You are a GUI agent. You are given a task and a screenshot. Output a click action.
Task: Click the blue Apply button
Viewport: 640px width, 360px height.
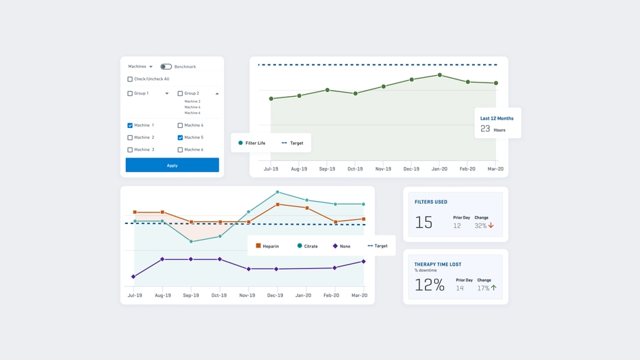pos(172,165)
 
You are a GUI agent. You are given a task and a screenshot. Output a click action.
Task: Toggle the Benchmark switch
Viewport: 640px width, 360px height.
pos(166,67)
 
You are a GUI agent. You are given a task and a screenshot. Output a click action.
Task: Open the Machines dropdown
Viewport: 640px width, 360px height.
pos(140,67)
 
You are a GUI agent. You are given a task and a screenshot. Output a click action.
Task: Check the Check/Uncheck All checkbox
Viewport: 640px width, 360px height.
pos(130,79)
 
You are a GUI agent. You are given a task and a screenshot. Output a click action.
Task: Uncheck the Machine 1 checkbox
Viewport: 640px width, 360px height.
pos(130,125)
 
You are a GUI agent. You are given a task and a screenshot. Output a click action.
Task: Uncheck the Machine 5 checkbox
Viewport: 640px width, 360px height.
pos(180,137)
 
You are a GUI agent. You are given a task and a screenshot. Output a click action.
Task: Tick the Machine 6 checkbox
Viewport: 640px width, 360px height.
pos(180,150)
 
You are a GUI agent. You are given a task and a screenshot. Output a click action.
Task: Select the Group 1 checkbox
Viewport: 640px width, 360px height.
pos(130,93)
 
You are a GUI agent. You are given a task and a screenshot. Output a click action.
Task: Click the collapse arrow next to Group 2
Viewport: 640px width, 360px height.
pos(217,93)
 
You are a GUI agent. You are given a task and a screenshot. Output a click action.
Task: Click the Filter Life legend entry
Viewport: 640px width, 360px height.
pos(252,143)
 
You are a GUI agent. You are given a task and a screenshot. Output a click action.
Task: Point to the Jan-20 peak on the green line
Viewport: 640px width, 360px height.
pos(440,75)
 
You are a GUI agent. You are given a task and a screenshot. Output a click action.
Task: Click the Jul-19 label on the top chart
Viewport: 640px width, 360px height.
pos(271,169)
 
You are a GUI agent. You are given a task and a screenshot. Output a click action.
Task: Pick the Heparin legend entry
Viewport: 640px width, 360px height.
pos(267,246)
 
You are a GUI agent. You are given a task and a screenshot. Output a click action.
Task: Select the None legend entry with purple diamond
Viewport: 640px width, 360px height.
pos(341,246)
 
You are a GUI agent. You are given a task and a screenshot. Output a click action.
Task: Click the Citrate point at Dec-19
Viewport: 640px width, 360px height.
pos(277,192)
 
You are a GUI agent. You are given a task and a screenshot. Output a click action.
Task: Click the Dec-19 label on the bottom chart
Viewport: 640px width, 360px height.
pos(275,296)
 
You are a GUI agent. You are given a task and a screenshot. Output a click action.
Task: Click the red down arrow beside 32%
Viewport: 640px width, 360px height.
pos(491,226)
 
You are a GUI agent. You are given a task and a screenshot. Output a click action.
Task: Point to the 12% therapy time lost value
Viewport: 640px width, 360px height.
pos(429,286)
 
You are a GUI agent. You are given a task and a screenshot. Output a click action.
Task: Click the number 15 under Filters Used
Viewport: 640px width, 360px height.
pos(424,223)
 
